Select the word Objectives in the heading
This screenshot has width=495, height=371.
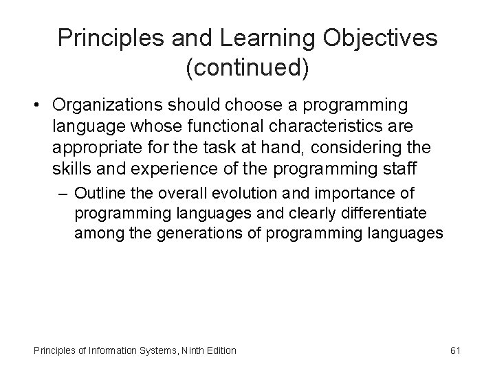tap(381, 38)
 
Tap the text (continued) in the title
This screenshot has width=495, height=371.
tap(247, 68)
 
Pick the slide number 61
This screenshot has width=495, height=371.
tap(454, 350)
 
